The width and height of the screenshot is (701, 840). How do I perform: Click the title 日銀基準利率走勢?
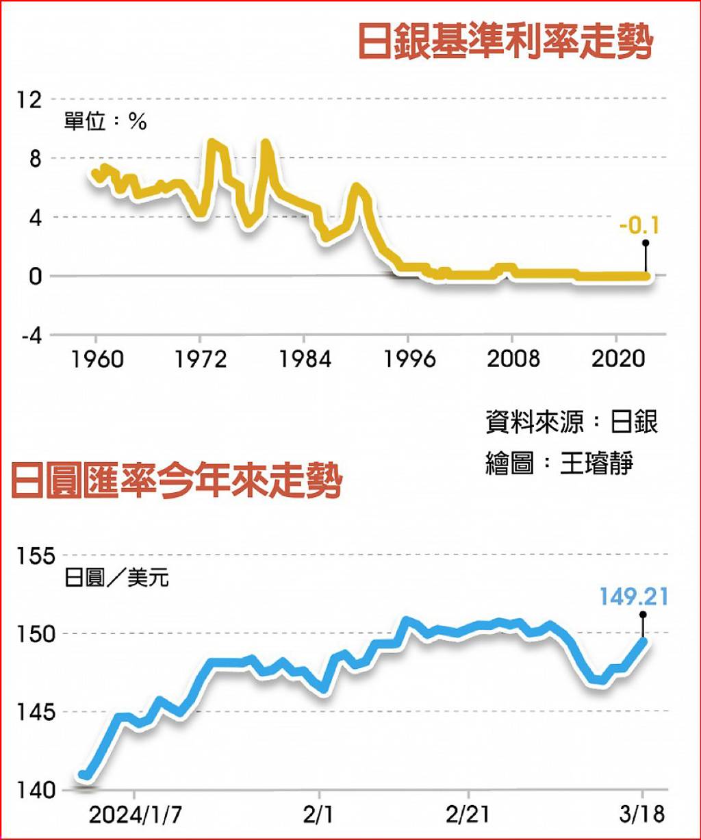pyautogui.click(x=505, y=43)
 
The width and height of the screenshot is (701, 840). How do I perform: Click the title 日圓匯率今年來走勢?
pyautogui.click(x=177, y=482)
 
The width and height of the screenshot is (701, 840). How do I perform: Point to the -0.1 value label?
pyautogui.click(x=639, y=225)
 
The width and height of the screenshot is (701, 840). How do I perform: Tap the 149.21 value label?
pyautogui.click(x=634, y=598)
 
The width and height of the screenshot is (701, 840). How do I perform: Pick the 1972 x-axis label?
pyautogui.click(x=201, y=359)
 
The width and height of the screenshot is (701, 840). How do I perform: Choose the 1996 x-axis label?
pyautogui.click(x=409, y=359)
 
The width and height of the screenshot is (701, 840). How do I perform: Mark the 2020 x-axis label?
pyautogui.click(x=618, y=359)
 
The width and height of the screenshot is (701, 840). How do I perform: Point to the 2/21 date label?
pyautogui.click(x=468, y=815)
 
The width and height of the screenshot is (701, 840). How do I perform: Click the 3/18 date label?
pyautogui.click(x=642, y=815)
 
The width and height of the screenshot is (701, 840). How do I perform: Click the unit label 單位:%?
pyautogui.click(x=106, y=122)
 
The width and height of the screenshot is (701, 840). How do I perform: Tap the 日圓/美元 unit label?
pyautogui.click(x=117, y=578)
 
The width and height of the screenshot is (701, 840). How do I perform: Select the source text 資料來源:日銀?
pyautogui.click(x=572, y=422)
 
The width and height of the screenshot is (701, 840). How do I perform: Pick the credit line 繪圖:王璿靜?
pyautogui.click(x=559, y=463)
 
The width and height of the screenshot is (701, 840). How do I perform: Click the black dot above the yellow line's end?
pyautogui.click(x=645, y=242)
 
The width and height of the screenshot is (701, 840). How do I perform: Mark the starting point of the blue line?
pyautogui.click(x=83, y=775)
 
